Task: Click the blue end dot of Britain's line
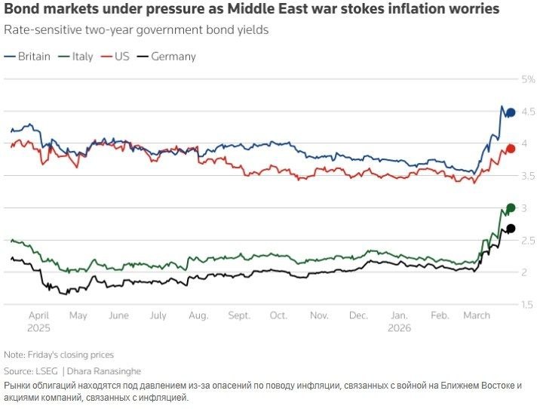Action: pos(511,112)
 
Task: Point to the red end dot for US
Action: pos(511,149)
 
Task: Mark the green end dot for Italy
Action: pos(511,208)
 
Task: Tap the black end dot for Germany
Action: pos(511,229)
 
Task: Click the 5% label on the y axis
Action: pos(528,79)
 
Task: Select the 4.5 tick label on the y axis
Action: pos(528,112)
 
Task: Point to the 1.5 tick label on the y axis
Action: pos(528,304)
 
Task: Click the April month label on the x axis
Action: pos(38,315)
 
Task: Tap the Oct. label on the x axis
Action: pos(278,315)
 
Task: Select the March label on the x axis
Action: pos(477,315)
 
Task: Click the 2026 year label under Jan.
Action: pos(400,328)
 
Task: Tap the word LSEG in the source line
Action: pos(46,371)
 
